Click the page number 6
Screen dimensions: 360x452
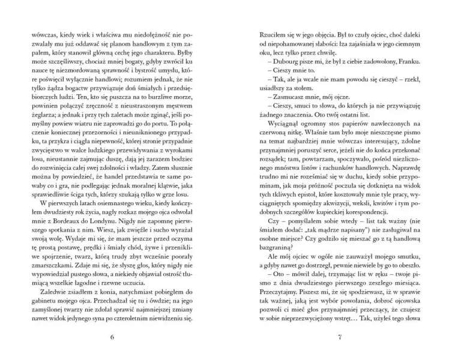(112, 337)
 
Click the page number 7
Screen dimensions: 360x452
(339, 337)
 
